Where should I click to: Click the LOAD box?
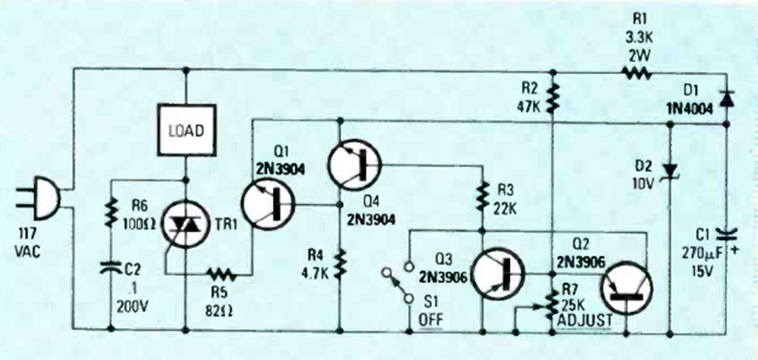point(186,131)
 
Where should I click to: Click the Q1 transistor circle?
point(267,206)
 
